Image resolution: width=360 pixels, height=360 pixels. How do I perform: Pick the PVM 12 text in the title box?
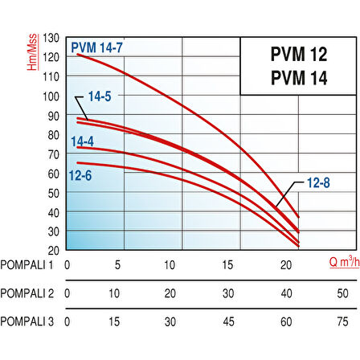[x=294, y=58]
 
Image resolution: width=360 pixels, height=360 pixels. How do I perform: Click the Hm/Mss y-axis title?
[x=34, y=54]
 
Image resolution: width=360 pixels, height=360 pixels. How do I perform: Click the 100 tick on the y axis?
[x=52, y=96]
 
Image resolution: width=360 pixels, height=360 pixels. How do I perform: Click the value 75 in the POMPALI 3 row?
[x=344, y=321]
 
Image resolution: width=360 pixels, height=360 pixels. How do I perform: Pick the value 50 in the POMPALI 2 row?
[x=344, y=293]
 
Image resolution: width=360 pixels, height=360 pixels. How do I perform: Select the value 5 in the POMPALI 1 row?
[x=119, y=265]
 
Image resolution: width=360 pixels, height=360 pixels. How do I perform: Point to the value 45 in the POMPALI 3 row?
[x=228, y=321]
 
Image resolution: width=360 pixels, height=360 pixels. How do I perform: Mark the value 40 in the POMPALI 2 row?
[x=286, y=293]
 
